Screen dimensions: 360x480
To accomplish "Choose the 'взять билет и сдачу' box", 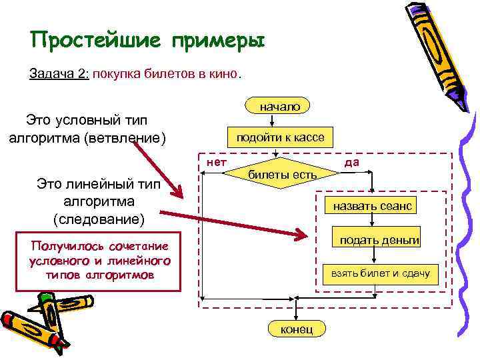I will (x=377, y=273).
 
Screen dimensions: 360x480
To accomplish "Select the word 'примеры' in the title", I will (x=219, y=41).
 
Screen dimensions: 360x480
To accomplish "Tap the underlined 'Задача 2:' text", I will (x=59, y=73).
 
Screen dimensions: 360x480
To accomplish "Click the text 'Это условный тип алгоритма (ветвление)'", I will (x=87, y=129).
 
